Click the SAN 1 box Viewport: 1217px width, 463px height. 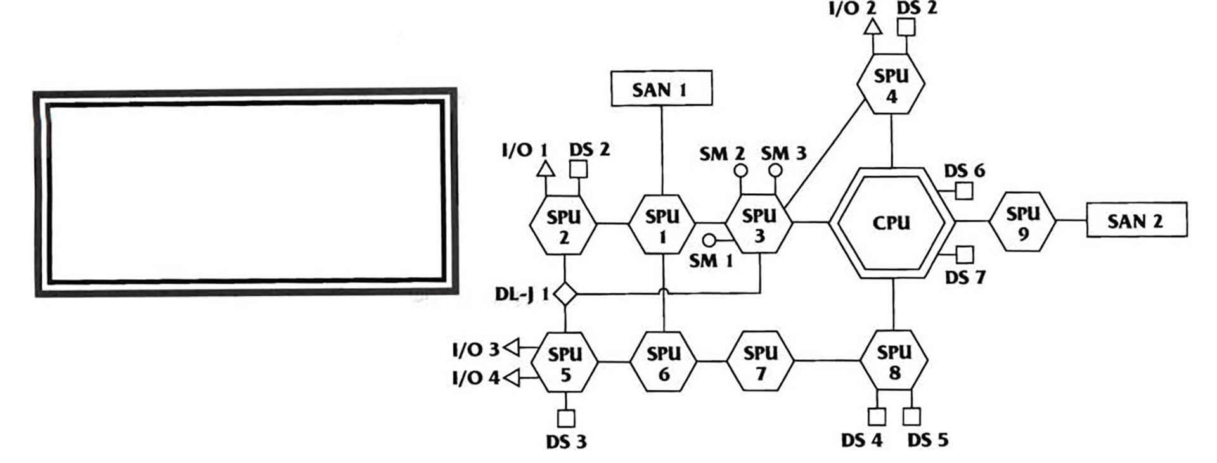pos(661,88)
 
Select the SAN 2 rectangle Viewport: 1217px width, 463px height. pos(1137,220)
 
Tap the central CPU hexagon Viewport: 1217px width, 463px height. pos(891,223)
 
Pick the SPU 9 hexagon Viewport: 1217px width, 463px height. pos(1022,222)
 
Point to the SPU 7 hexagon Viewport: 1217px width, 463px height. pos(760,362)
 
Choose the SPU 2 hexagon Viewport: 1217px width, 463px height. pos(563,225)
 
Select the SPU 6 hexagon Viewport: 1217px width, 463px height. pos(663,362)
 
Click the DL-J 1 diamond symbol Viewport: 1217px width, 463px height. pos(565,294)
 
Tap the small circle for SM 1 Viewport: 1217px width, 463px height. pos(709,241)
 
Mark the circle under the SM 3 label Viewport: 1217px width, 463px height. pos(775,170)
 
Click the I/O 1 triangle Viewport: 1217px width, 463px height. pos(545,169)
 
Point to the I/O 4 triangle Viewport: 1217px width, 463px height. pos(512,377)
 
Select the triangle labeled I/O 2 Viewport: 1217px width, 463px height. pos(873,27)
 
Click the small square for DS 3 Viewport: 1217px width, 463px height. pos(566,419)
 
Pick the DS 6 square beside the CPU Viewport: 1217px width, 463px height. pos(963,191)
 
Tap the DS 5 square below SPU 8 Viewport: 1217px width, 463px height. pos(911,417)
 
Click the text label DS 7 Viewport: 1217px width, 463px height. pos(965,277)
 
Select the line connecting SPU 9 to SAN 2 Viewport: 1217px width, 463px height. pos(1071,220)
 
